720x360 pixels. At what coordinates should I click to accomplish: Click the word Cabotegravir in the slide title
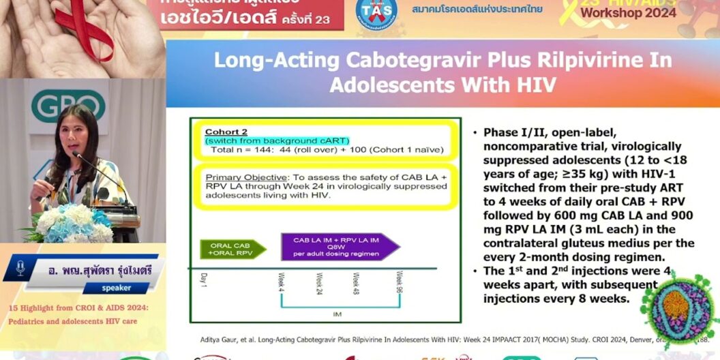click(x=402, y=60)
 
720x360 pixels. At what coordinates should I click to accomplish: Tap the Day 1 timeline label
click(x=202, y=279)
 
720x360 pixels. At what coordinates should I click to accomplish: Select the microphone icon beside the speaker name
click(x=20, y=268)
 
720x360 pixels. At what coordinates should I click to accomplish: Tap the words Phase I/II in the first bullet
click(x=513, y=132)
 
